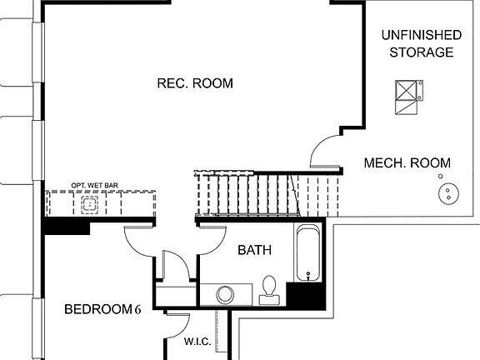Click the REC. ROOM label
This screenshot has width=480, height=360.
pos(194,83)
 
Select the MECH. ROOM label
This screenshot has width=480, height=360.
pos(407,163)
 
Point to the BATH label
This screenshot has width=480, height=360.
pos(253,250)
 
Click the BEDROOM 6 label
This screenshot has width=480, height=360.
pos(102,310)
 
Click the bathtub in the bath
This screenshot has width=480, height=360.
pos(307,253)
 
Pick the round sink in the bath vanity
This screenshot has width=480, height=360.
pos(225,294)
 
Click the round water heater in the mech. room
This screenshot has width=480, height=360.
pos(449,195)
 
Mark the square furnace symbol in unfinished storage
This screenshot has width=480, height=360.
pos(407,90)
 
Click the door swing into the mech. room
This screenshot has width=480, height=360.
pos(325,150)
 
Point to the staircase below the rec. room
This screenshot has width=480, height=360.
pos(267,193)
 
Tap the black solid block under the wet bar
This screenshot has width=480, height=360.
pos(66,225)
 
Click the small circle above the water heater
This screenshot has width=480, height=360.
pos(439,177)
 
